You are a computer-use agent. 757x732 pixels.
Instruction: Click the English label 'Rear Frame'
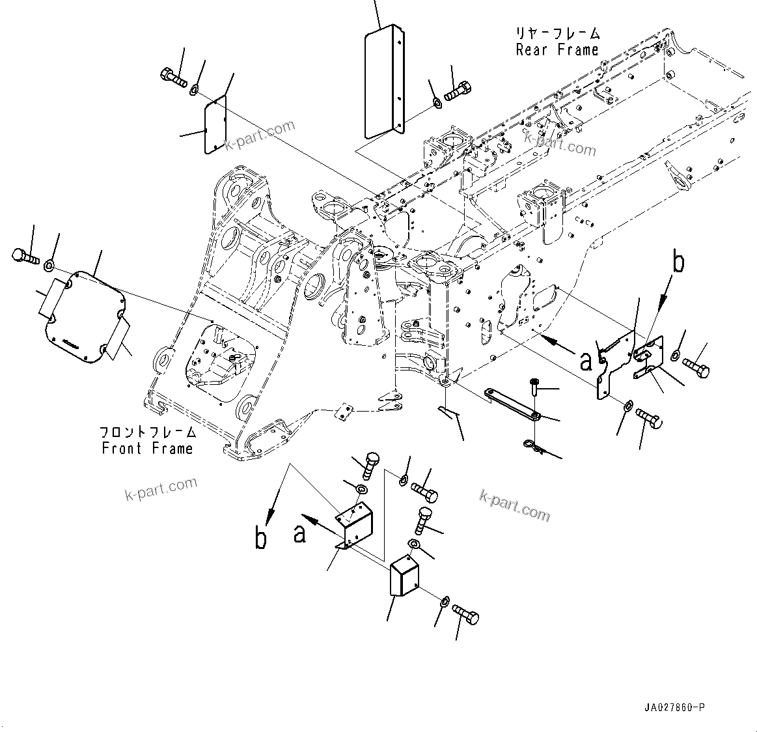(x=557, y=50)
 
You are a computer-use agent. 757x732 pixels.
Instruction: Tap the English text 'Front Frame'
(x=147, y=449)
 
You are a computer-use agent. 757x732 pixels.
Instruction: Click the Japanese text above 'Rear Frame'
(x=557, y=33)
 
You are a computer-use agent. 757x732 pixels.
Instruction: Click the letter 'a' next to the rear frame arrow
(x=585, y=359)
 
